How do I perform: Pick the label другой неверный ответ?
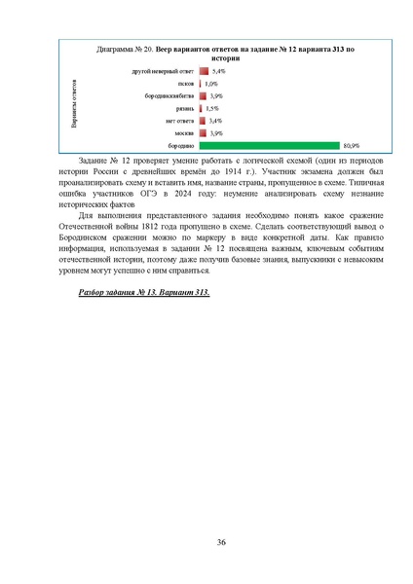point(164,71)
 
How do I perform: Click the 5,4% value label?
point(218,71)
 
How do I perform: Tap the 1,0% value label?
point(211,84)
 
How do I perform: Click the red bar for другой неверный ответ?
point(204,71)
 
